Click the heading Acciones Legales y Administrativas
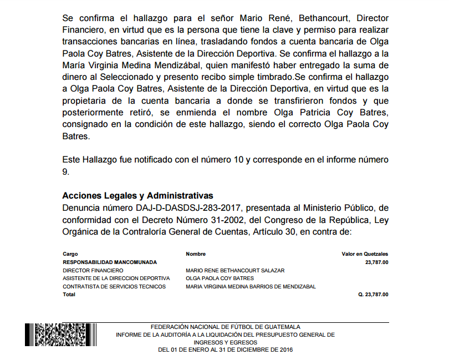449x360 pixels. click(137, 196)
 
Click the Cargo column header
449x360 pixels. click(70, 254)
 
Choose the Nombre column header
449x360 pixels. click(196, 254)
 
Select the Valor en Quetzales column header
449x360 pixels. click(365, 254)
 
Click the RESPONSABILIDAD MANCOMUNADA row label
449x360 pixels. click(110, 262)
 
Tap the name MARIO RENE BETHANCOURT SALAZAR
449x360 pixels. click(235, 270)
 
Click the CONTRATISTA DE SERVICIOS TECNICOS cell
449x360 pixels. click(114, 286)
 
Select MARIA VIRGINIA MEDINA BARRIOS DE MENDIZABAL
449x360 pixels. click(251, 286)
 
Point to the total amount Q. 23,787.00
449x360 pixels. click(373, 295)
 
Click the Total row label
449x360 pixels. click(69, 295)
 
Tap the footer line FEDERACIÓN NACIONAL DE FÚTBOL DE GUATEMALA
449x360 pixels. click(225, 327)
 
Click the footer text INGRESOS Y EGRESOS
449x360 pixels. click(225, 342)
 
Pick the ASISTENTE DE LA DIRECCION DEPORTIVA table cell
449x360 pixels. click(116, 278)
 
